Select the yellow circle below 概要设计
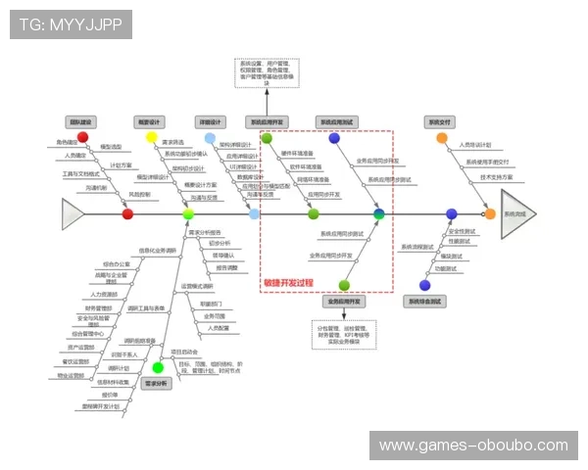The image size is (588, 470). (152, 137)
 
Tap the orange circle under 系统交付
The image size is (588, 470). (442, 137)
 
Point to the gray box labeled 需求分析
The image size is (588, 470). (158, 384)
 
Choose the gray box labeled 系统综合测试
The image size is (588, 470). (424, 301)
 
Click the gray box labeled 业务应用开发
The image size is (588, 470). (343, 301)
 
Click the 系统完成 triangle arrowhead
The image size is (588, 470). (517, 213)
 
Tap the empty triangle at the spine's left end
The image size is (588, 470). (74, 213)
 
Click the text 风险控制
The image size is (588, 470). (141, 194)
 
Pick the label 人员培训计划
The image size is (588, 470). (476, 146)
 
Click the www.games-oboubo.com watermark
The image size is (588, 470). (473, 446)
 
